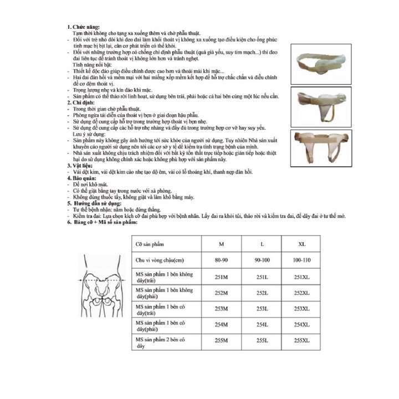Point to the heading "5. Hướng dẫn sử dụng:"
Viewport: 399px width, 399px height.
[x=93, y=203]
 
